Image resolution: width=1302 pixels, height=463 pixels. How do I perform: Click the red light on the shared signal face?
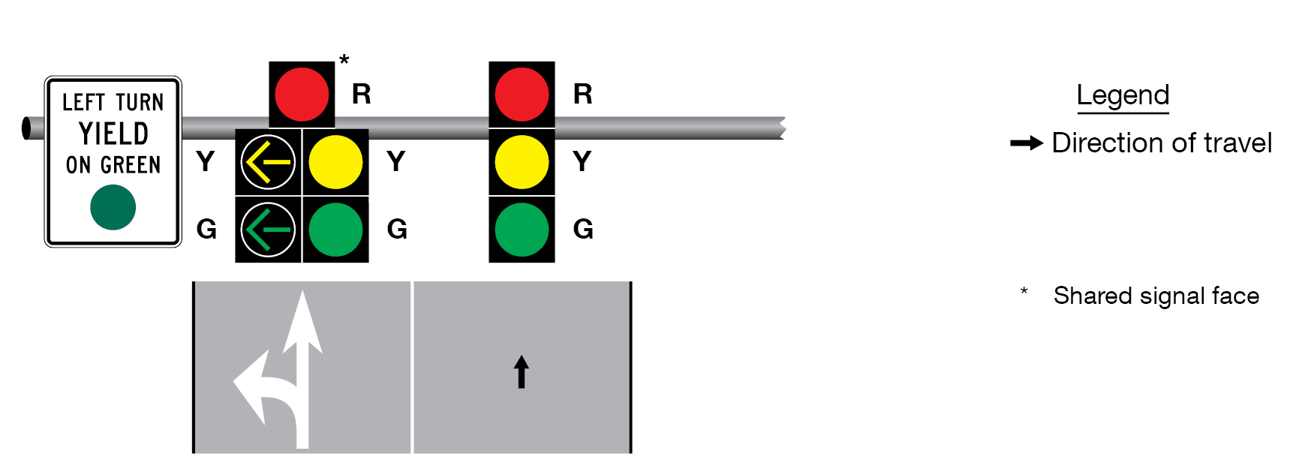[x=302, y=95]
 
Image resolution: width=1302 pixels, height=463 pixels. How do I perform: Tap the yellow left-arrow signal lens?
[x=268, y=162]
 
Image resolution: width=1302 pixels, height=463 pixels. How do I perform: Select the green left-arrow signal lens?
[x=268, y=230]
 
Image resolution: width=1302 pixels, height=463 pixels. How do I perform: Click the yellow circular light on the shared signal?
[x=335, y=162]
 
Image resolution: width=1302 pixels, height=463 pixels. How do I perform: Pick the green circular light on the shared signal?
[x=335, y=230]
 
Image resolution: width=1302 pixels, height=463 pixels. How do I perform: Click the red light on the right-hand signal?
[x=522, y=95]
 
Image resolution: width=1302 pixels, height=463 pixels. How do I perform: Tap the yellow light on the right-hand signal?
[x=522, y=162]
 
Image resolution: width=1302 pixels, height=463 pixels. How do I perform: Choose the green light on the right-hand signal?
[x=522, y=230]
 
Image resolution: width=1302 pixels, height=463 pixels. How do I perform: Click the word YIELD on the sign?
[x=113, y=134]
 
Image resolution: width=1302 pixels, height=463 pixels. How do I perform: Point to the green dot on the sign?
[x=113, y=207]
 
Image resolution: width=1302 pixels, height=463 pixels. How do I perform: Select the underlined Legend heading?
[x=1123, y=95]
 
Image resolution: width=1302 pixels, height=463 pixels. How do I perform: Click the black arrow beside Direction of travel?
[x=1026, y=143]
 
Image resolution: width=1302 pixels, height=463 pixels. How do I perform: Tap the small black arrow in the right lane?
[x=522, y=371]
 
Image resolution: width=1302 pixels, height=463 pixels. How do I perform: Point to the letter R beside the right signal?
[x=583, y=95]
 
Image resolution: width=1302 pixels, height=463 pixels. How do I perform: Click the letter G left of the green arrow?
[x=206, y=229]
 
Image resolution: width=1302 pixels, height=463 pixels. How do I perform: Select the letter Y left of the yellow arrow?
[x=206, y=161]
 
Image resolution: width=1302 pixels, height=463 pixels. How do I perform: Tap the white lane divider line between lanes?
[x=412, y=368]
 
